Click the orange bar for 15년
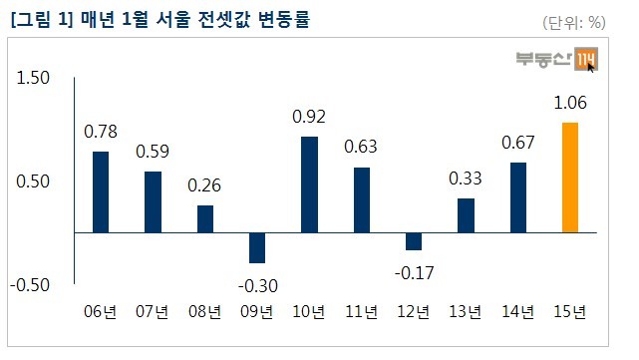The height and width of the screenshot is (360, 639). [x=570, y=178]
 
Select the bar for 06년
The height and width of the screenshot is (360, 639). [x=101, y=192]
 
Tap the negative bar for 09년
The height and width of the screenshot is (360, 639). [x=257, y=248]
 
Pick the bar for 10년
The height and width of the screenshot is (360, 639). [x=309, y=184]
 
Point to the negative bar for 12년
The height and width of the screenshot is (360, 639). [x=414, y=241]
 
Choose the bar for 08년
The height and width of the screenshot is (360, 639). [x=205, y=219]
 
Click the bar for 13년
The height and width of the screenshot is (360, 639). [x=466, y=215]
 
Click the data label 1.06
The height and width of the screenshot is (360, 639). [x=570, y=103]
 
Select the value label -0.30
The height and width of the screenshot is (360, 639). [x=258, y=286]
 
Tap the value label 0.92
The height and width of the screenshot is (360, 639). [x=309, y=117]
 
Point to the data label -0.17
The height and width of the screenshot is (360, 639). [x=414, y=273]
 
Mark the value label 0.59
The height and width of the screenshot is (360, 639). [x=153, y=152]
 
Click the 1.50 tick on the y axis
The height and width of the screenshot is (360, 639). [x=33, y=78]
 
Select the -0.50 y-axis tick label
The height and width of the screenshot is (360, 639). [x=30, y=285]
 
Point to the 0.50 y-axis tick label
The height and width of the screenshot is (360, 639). [x=33, y=181]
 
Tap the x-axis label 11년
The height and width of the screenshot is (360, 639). [x=361, y=311]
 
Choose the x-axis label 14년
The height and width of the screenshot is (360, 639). [x=517, y=311]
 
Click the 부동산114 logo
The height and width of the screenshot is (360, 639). [x=556, y=59]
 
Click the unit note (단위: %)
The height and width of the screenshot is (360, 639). [x=574, y=22]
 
